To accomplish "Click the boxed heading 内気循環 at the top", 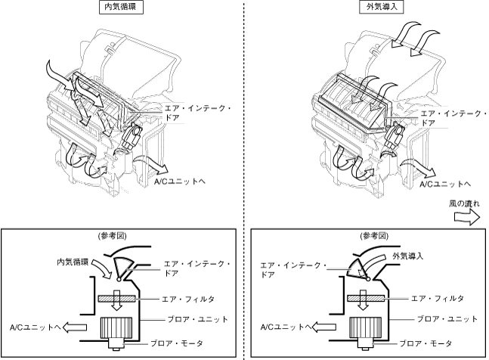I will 122,8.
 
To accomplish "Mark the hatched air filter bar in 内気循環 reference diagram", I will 118,299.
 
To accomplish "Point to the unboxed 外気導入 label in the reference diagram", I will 409,256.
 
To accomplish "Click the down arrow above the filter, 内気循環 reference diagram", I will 117,284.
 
